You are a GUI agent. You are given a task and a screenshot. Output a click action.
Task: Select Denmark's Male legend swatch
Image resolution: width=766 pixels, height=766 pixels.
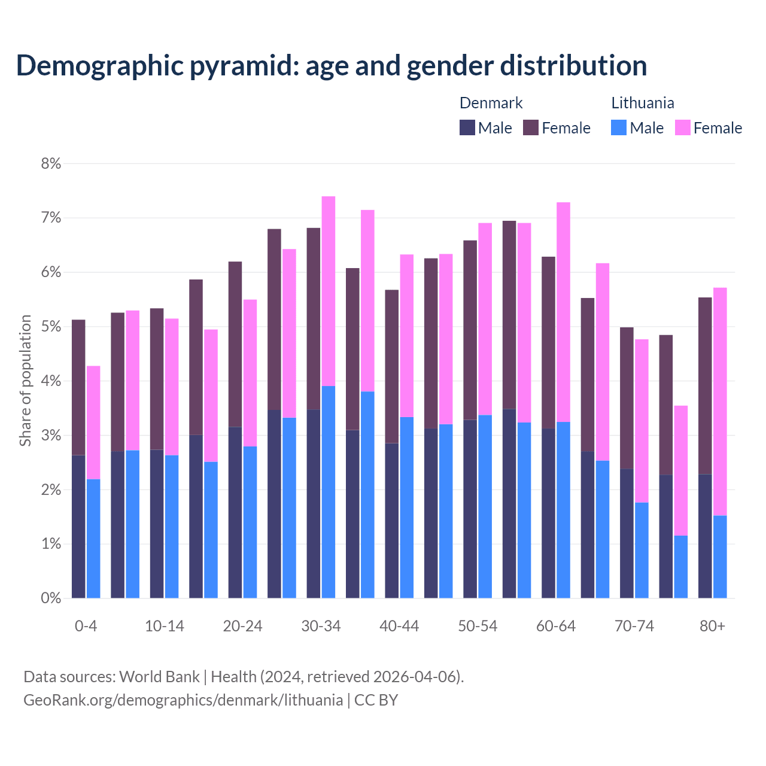pyautogui.click(x=467, y=127)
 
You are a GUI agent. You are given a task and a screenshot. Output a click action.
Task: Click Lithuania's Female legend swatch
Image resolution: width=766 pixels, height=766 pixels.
pyautogui.click(x=683, y=127)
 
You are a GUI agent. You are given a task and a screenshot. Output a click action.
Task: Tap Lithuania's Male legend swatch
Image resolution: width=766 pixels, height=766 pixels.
pyautogui.click(x=619, y=127)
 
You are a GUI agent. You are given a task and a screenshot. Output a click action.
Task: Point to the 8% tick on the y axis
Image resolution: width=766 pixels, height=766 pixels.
pyautogui.click(x=51, y=163)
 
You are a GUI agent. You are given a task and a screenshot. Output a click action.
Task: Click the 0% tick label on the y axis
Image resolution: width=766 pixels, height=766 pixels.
pyautogui.click(x=51, y=598)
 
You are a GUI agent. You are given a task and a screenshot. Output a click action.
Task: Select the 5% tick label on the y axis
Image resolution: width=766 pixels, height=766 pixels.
pyautogui.click(x=51, y=327)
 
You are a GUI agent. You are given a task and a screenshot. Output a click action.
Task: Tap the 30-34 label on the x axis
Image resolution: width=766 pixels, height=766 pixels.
pyautogui.click(x=321, y=626)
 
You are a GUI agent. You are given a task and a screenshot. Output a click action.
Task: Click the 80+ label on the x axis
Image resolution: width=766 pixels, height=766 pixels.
pyautogui.click(x=712, y=626)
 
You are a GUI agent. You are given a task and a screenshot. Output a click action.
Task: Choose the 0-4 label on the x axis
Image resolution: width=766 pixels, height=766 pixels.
pyautogui.click(x=86, y=626)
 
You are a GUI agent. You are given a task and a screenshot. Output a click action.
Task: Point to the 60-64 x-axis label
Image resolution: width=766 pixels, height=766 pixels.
pyautogui.click(x=556, y=626)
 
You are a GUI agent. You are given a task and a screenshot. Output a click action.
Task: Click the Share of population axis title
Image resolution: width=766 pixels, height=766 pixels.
pyautogui.click(x=26, y=381)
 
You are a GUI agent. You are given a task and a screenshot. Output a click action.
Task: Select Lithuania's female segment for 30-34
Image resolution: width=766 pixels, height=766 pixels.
pyautogui.click(x=329, y=291)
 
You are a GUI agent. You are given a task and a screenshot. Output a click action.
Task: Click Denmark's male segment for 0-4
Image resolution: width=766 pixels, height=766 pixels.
pyautogui.click(x=78, y=527)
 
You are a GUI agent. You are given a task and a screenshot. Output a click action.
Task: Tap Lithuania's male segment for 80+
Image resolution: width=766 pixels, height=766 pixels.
pyautogui.click(x=720, y=557)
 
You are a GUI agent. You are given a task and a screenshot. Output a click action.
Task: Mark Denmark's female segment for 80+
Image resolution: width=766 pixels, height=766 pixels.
pyautogui.click(x=705, y=385)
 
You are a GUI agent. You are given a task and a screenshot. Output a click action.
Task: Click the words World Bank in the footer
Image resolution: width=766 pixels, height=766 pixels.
pyautogui.click(x=159, y=677)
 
